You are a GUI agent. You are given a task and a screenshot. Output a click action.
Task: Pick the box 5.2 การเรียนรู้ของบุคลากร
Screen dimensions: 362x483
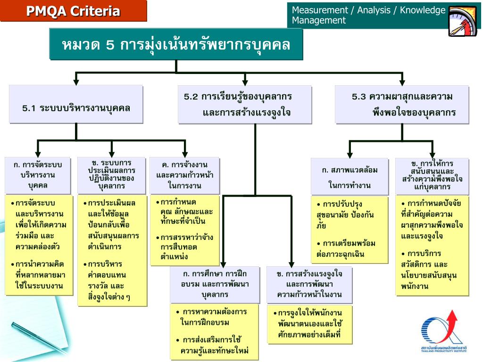point(244,104)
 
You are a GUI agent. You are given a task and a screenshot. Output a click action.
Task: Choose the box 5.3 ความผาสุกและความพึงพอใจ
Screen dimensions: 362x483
point(402,104)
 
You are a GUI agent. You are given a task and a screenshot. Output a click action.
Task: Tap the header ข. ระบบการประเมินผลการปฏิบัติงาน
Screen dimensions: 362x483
point(112,174)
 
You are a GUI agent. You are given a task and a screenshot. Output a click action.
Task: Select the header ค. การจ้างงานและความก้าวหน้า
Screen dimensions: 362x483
point(184,175)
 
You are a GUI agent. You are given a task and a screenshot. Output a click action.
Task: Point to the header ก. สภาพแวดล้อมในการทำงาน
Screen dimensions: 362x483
point(350,176)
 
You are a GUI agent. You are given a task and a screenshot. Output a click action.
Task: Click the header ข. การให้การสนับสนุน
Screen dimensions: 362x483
point(432,175)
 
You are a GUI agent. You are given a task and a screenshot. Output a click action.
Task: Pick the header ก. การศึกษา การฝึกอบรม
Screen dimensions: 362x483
point(215,284)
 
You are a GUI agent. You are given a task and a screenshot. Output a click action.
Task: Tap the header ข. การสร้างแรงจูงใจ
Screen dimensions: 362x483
point(309,284)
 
